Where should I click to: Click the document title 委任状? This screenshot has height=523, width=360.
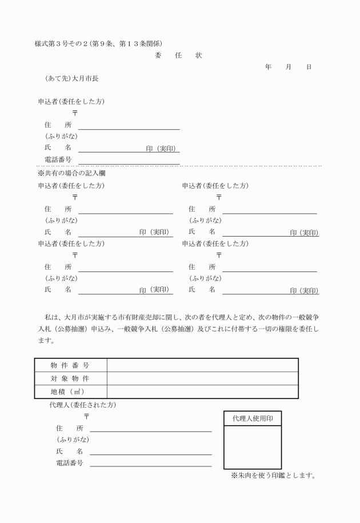pos(178,55)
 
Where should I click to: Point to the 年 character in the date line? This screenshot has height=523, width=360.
pos(269,67)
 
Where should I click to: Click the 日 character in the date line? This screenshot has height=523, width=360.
pos(309,67)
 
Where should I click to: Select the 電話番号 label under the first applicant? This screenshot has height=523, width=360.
pos(58,159)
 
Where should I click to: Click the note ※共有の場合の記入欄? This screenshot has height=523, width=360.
pos(71,173)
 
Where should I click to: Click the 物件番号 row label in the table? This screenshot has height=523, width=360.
pos(70,365)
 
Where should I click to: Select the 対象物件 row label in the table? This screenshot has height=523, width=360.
pos(70,378)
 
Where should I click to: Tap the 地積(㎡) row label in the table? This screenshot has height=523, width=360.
pos(70,392)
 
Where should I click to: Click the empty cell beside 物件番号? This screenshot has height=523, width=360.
pos(202,365)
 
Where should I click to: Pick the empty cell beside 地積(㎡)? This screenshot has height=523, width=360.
pos(202,392)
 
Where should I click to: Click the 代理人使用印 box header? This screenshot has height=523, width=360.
pos(252,418)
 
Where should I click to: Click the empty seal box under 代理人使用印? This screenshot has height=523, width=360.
pos(252,448)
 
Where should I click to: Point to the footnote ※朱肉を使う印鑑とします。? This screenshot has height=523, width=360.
pos(273,475)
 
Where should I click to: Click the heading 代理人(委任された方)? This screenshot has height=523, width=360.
pos(83,405)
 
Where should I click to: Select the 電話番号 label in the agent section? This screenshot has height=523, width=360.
pos(69,463)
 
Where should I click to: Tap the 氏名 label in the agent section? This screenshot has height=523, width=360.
pos(69,451)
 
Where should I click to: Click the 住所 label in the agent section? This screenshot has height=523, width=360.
pos(69,428)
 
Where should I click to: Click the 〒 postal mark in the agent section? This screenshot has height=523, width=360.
pos(87,417)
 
